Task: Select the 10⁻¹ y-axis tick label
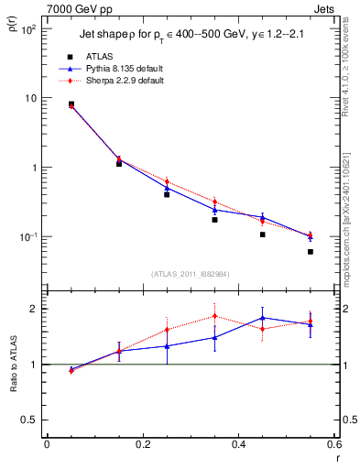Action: [x=28, y=237]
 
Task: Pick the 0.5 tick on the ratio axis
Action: [x=30, y=420]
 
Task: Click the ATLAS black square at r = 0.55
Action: [x=311, y=252]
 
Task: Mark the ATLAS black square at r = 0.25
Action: [x=167, y=194]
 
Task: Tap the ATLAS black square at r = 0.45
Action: [x=263, y=234]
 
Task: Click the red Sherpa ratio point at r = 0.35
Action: [x=214, y=316]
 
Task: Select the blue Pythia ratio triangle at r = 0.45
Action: [x=263, y=318]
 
